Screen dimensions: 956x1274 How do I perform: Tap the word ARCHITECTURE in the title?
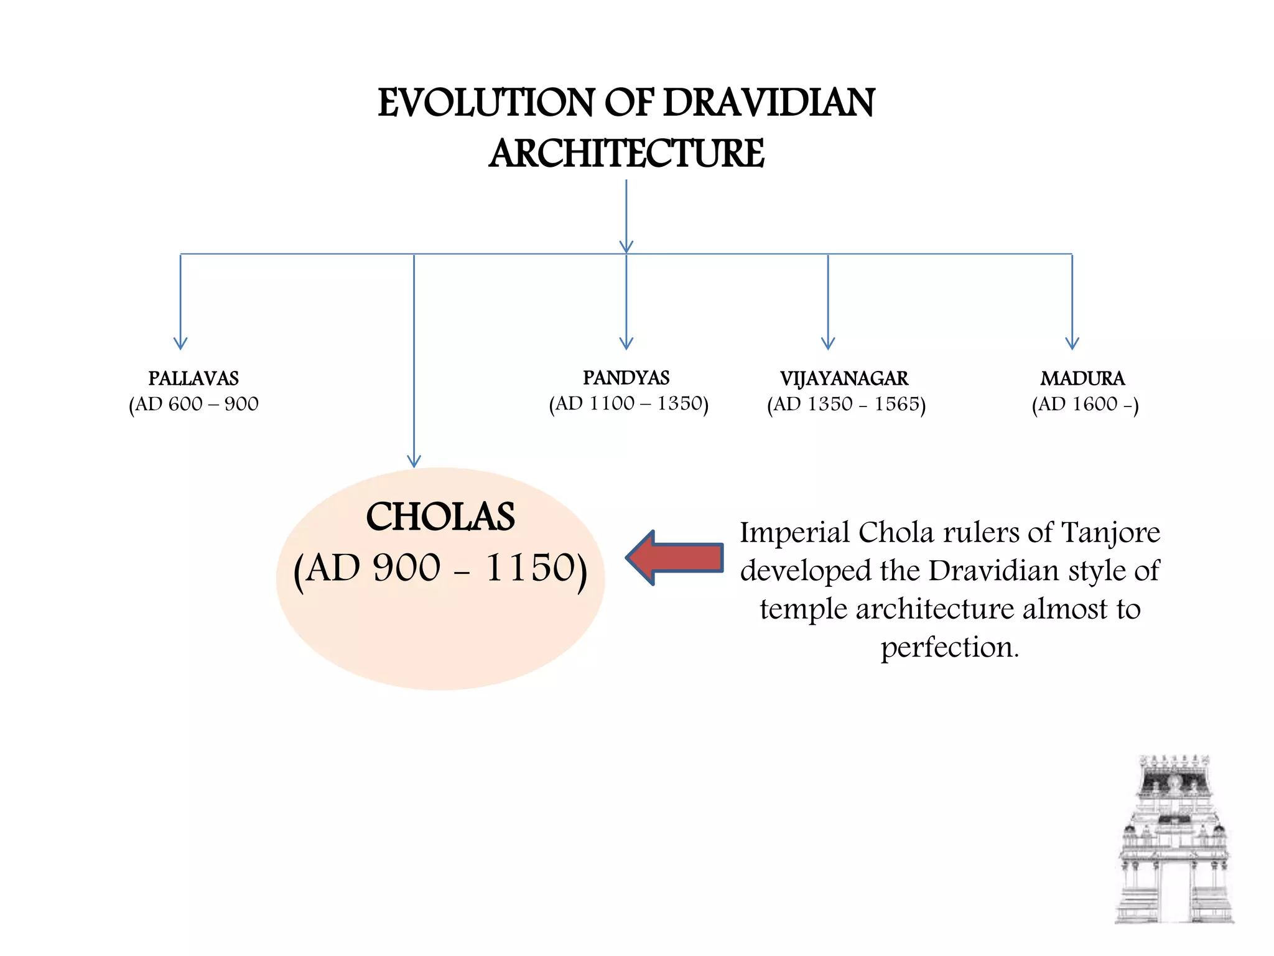tap(626, 154)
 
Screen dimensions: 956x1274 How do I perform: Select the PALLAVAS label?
tap(193, 378)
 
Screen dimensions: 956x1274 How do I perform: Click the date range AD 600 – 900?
tap(193, 404)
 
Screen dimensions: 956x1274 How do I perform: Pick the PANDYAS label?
tap(626, 378)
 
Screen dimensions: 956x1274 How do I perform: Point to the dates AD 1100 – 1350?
tap(628, 403)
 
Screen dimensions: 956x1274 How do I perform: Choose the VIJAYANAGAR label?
tap(844, 378)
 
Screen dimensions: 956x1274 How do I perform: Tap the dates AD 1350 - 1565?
tap(846, 405)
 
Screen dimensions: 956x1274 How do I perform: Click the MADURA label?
tap(1082, 378)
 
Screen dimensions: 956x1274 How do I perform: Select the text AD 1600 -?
tap(1085, 405)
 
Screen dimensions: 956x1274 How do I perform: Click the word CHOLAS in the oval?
tap(440, 517)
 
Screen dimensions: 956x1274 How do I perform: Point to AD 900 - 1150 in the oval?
tap(440, 568)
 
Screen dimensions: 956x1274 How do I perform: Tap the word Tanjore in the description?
tap(1110, 533)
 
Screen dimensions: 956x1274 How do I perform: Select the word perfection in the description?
tap(949, 647)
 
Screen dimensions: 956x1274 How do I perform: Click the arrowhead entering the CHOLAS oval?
tap(414, 461)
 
